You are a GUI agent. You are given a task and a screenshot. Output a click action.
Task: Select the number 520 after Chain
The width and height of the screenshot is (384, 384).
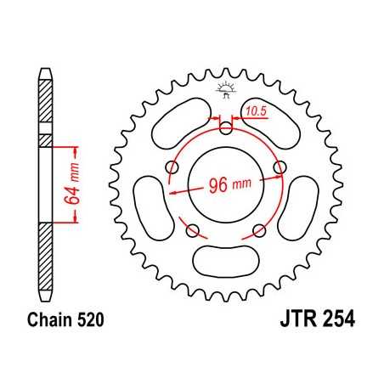click(x=88, y=325)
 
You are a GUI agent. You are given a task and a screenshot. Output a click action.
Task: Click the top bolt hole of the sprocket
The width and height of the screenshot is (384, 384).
click(x=226, y=129)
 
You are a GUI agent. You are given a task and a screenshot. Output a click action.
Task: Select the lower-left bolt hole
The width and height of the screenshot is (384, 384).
click(x=192, y=229)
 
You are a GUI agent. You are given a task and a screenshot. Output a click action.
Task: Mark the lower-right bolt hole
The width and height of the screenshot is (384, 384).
click(x=260, y=229)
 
